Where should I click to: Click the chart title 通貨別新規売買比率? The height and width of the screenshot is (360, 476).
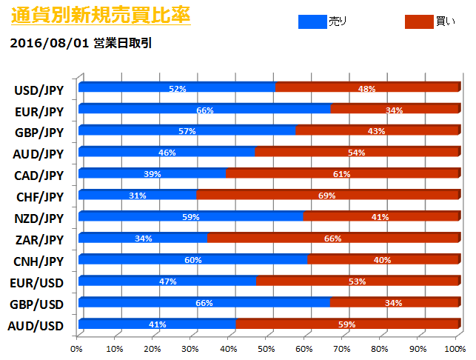click(100, 14)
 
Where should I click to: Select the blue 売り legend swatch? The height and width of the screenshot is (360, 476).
click(322, 22)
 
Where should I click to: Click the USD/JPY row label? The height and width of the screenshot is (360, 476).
click(38, 90)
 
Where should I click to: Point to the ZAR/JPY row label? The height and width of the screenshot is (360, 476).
click(38, 240)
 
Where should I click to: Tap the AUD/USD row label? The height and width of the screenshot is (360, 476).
click(38, 326)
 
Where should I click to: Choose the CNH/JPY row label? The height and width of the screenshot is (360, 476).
click(38, 261)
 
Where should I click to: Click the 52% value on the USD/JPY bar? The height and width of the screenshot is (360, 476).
click(177, 89)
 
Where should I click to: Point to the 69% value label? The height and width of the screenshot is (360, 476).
click(326, 196)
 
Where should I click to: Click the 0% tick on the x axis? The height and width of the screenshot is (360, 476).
click(77, 348)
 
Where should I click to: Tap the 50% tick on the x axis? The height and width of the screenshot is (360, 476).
click(267, 348)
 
